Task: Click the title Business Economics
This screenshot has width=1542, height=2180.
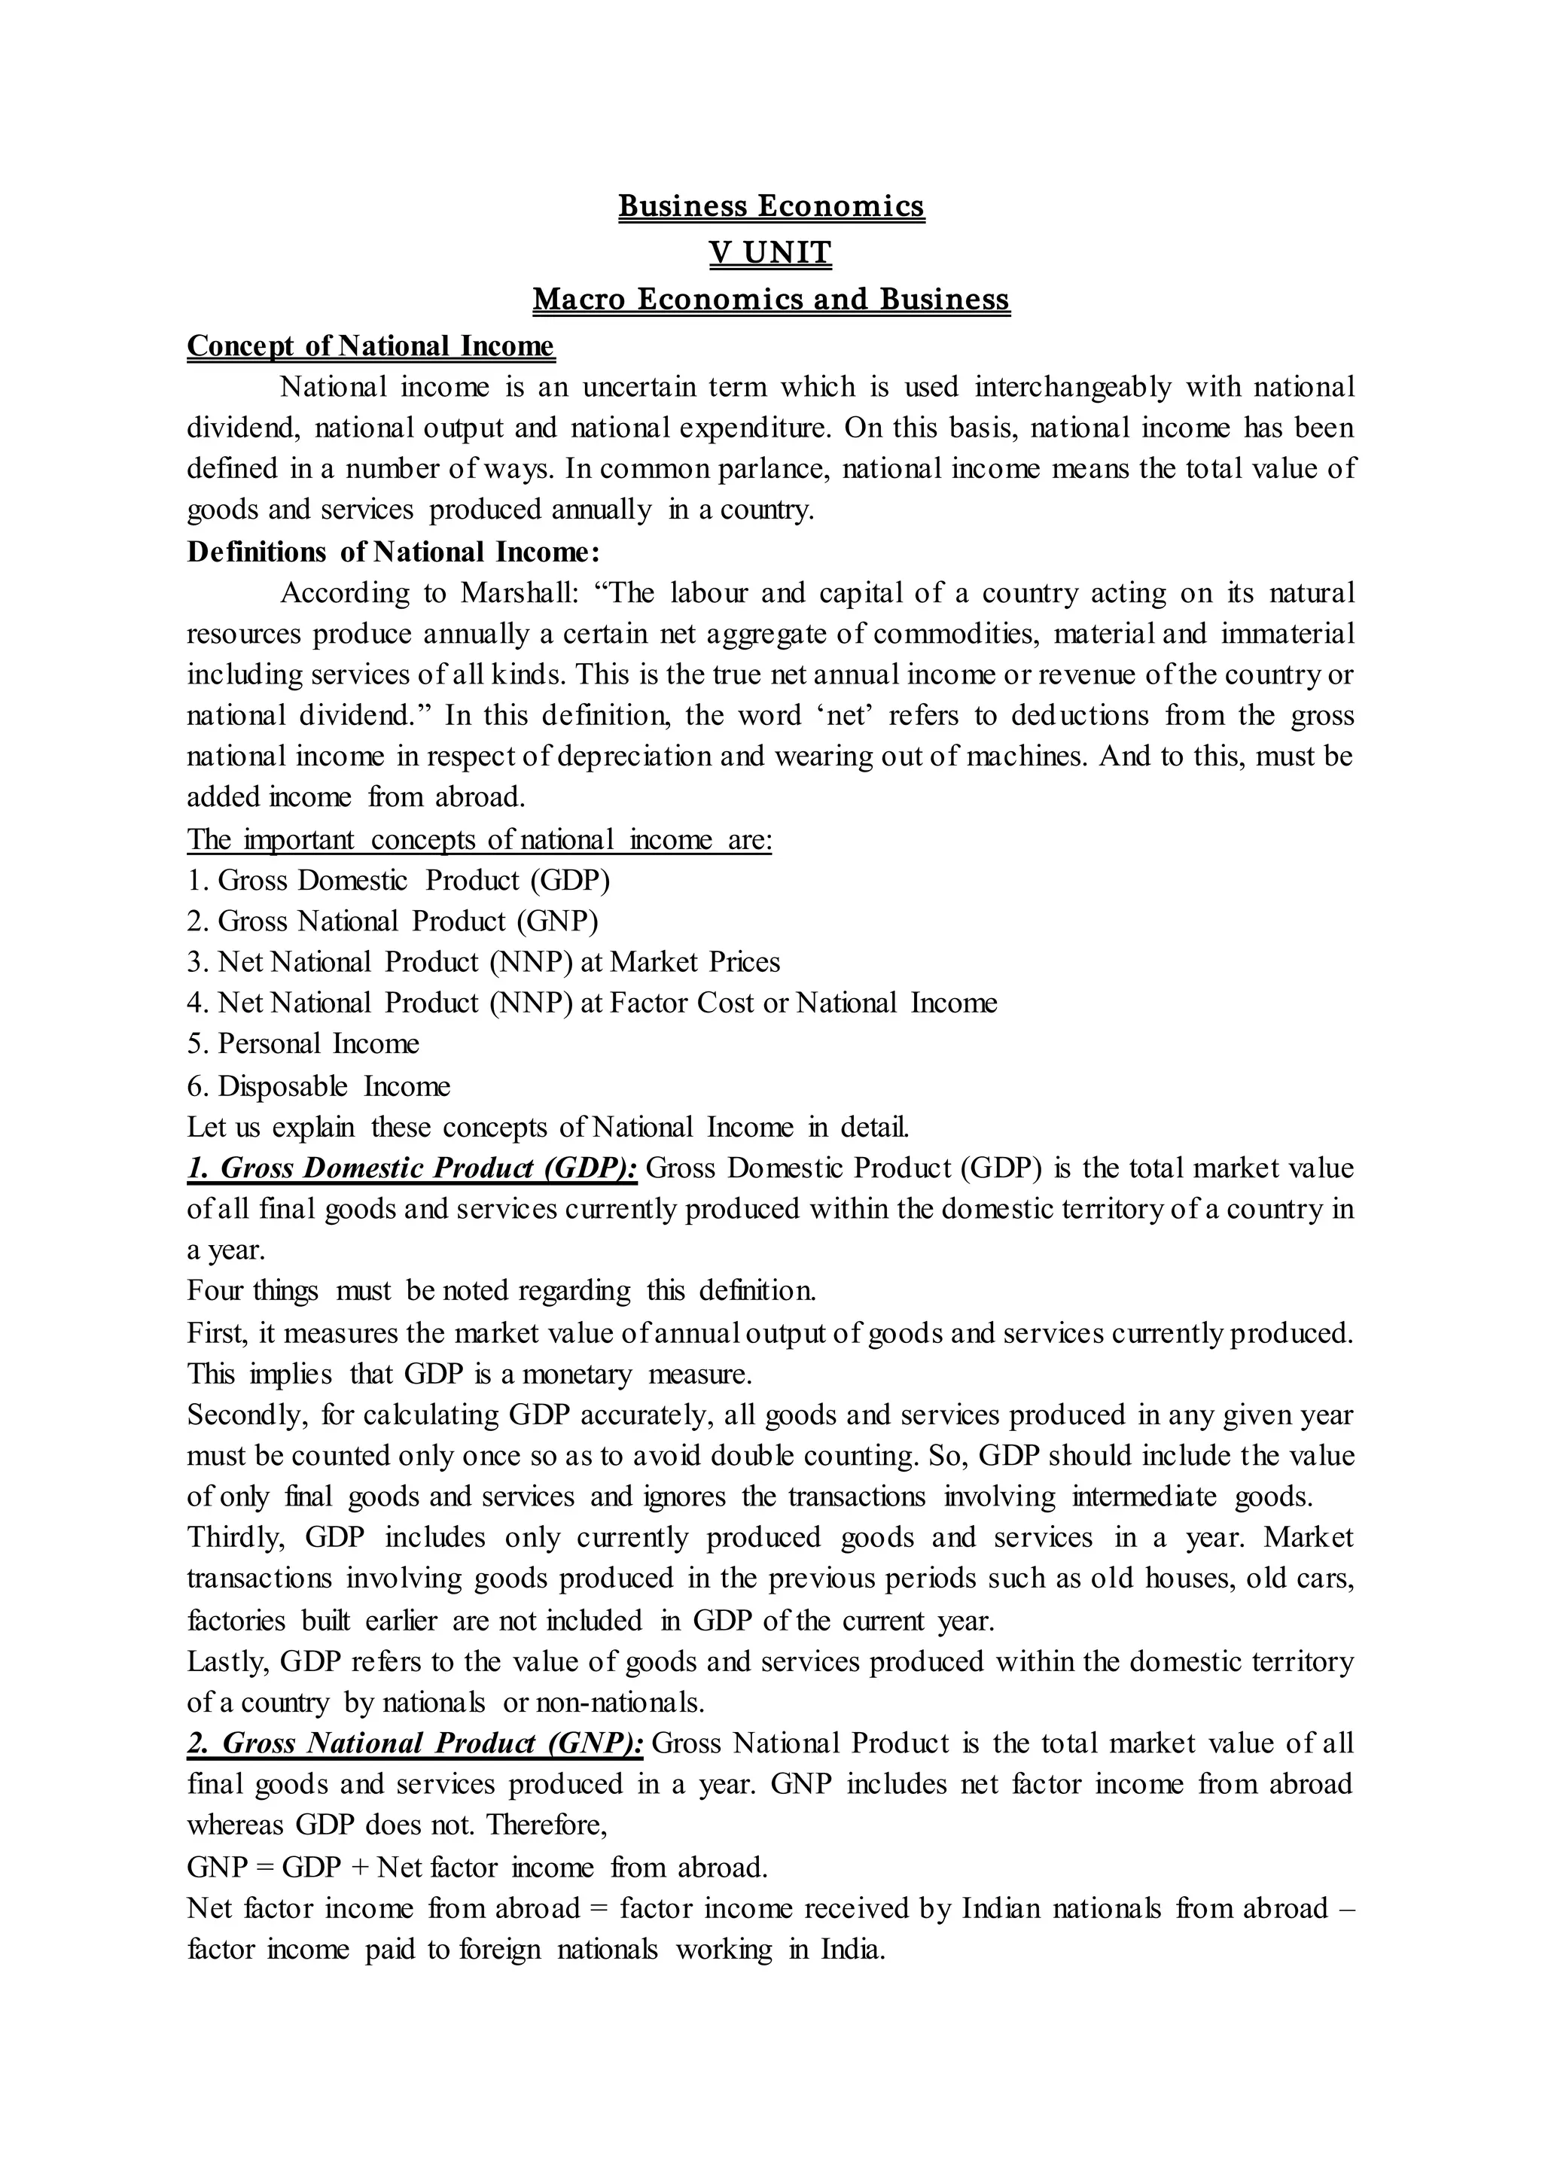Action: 771,206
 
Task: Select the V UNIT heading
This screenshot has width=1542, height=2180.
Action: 771,253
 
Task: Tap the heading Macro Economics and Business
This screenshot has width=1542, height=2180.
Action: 771,299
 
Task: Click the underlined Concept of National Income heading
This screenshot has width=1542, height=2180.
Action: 370,346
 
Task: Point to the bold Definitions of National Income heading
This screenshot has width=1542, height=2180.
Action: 393,552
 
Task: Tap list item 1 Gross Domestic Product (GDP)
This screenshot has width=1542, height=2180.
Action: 399,880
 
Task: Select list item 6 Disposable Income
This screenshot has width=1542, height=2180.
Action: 319,1086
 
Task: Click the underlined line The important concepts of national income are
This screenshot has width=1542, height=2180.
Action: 480,839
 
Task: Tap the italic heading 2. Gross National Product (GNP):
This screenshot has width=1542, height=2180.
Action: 416,1743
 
